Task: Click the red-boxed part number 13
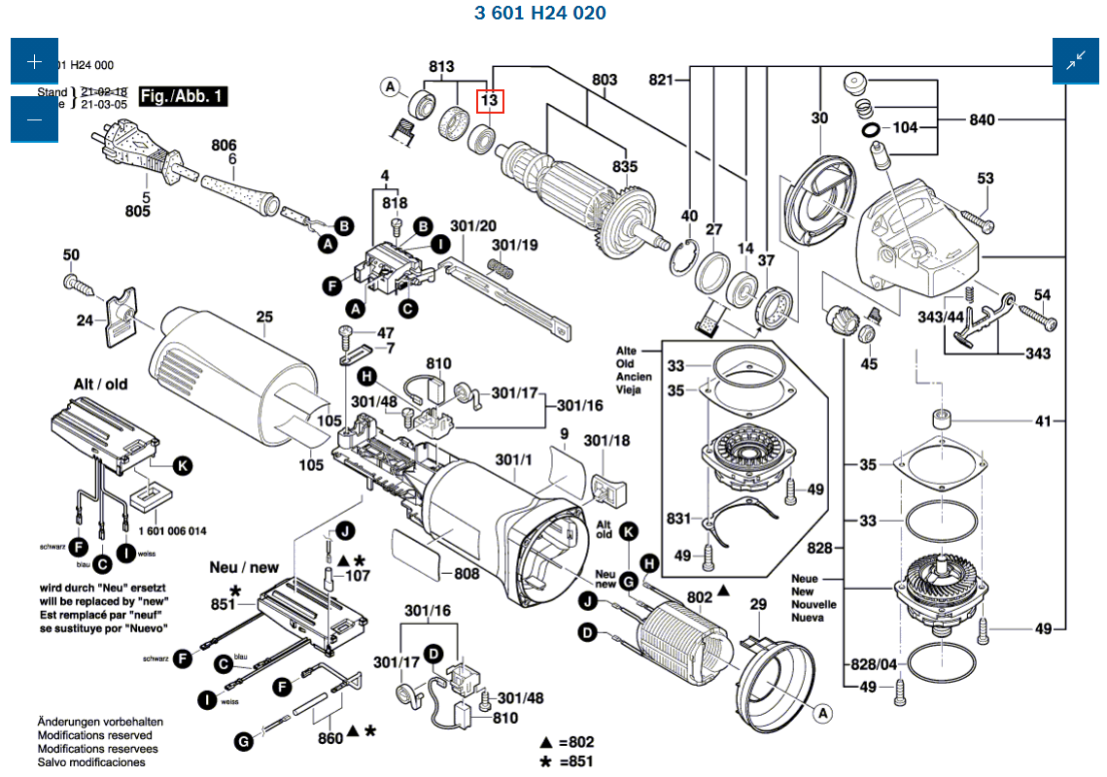coord(489,99)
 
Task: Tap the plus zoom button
coord(35,62)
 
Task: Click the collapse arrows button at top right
coord(1076,62)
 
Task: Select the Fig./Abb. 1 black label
coord(184,96)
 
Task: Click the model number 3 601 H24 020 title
coord(540,13)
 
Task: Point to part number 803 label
coord(605,80)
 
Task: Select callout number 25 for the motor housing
coord(264,317)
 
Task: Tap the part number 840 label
coord(983,119)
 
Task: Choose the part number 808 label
coord(467,574)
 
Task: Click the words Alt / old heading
coord(101,385)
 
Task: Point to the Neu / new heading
coord(244,567)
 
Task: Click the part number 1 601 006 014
coord(172,531)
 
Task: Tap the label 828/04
coord(874,664)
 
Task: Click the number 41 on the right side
coord(1043,422)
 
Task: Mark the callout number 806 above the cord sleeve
coord(225,146)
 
